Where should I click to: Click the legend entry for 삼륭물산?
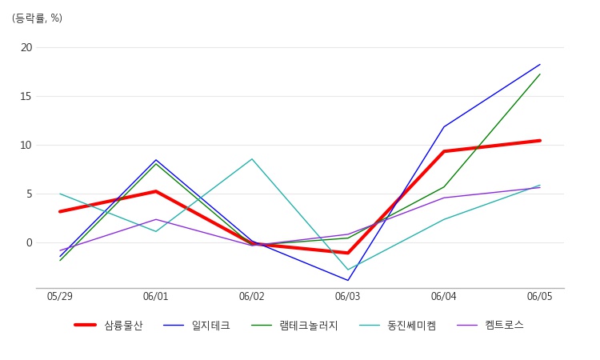pyautogui.click(x=123, y=326)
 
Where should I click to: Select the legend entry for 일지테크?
pyautogui.click(x=210, y=326)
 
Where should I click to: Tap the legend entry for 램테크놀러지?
pyautogui.click(x=308, y=326)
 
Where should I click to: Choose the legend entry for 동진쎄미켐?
pyautogui.click(x=411, y=326)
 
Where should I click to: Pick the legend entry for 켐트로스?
pyautogui.click(x=504, y=326)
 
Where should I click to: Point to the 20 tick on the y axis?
pyautogui.click(x=26, y=47)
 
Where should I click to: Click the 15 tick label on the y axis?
pyautogui.click(x=26, y=96)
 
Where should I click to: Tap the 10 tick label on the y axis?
pyautogui.click(x=26, y=145)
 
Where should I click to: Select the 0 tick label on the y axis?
pyautogui.click(x=29, y=242)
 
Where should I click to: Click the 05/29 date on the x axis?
pyautogui.click(x=60, y=297)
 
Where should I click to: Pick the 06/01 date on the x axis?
pyautogui.click(x=156, y=297)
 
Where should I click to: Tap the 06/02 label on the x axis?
pyautogui.click(x=252, y=297)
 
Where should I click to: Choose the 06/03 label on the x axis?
pyautogui.click(x=348, y=297)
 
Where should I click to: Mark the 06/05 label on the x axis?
pyautogui.click(x=540, y=297)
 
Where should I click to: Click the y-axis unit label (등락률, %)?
pyautogui.click(x=37, y=18)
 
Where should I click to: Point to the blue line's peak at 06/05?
pyautogui.click(x=540, y=65)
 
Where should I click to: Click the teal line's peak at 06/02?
pyautogui.click(x=252, y=158)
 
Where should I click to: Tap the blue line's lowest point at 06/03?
pyautogui.click(x=348, y=280)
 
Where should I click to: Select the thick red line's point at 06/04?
pyautogui.click(x=444, y=151)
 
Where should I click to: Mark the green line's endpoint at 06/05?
pyautogui.click(x=540, y=74)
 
